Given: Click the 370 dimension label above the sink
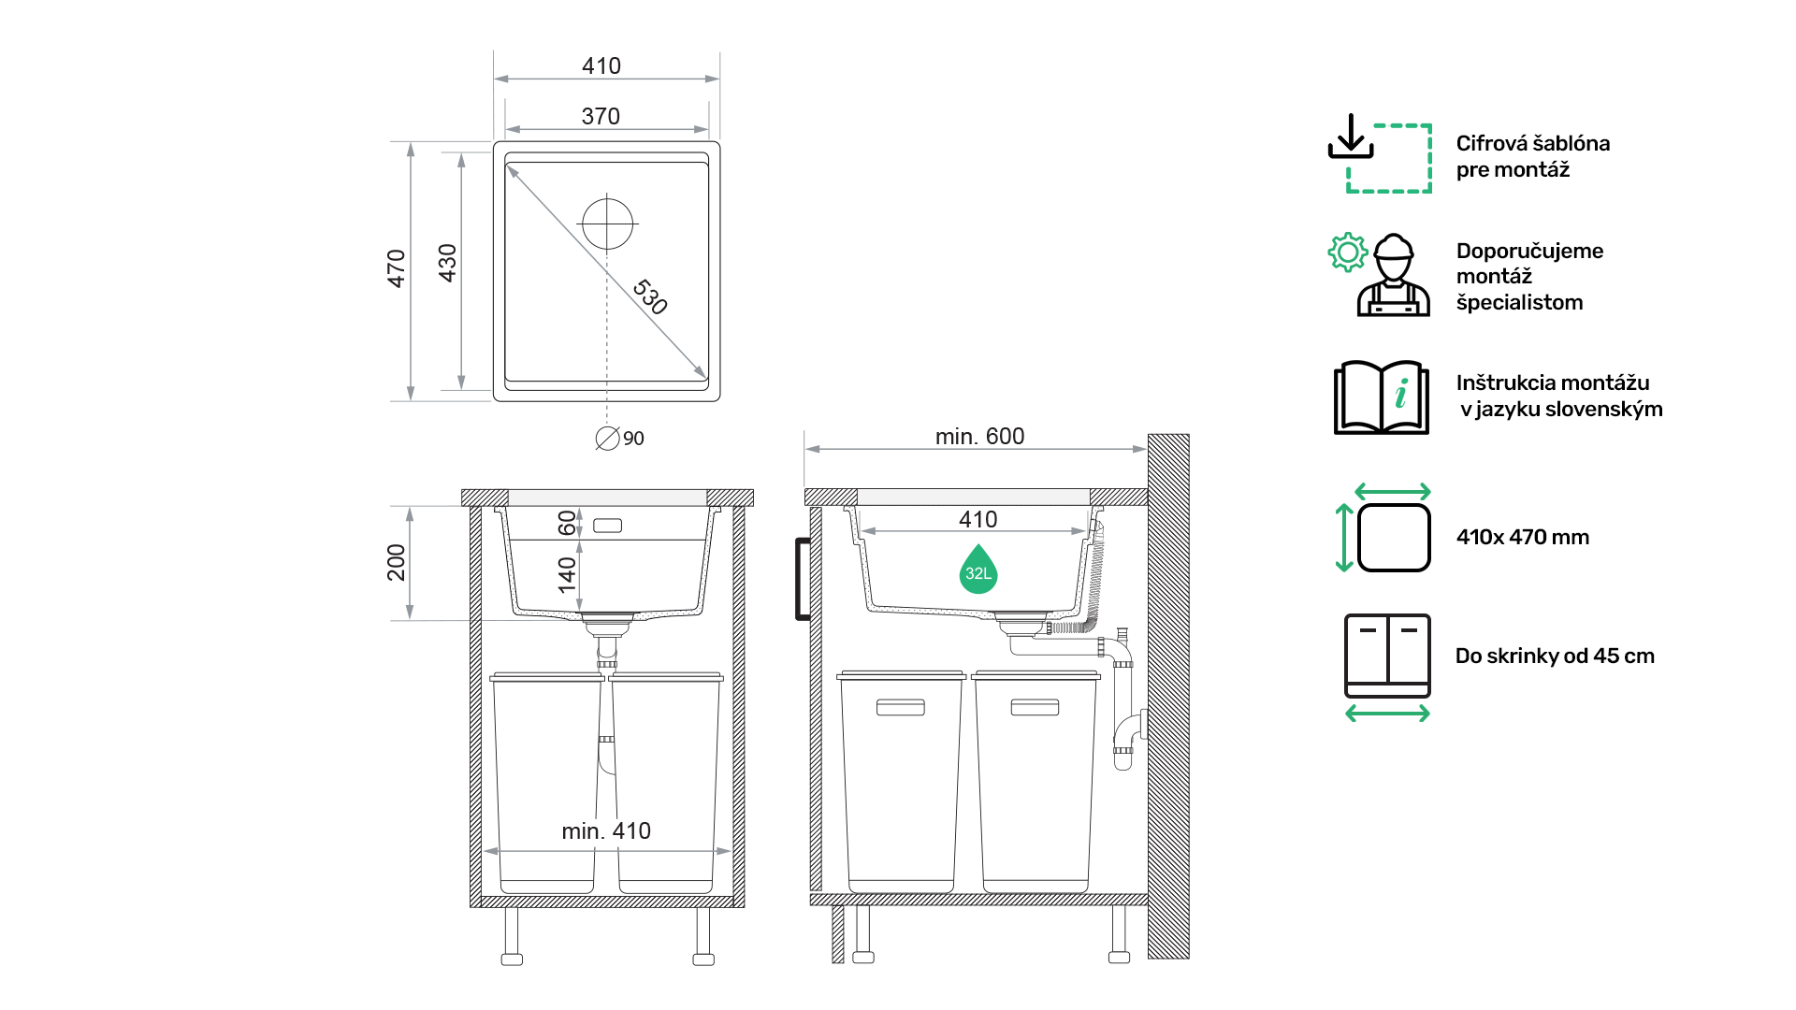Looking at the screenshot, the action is coord(601,116).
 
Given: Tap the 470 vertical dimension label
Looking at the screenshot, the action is coord(397,268).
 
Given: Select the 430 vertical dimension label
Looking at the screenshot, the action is coord(448,263).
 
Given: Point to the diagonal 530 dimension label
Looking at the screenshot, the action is coord(650,296).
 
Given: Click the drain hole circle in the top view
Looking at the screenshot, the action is coord(607,224).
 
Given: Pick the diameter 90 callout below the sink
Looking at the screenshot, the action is coord(620,438).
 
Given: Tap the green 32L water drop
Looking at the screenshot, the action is coord(978,570).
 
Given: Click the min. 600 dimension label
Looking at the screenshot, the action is coord(979,436).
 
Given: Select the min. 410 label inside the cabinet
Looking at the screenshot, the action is coord(606,830).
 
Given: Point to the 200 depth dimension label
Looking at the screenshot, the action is coord(397,562).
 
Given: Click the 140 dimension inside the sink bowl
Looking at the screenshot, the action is coord(567,575).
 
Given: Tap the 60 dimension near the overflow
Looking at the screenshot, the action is coord(567,523).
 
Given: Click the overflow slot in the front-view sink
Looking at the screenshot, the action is coord(608,526).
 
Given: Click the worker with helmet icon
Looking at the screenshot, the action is coord(1394,275).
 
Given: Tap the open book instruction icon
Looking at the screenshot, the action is coord(1382,397).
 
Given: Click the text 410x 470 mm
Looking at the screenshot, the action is coord(1523,537).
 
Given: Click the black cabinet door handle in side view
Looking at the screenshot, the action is coord(802,579).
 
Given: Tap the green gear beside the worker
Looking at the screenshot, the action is coord(1348,252).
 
